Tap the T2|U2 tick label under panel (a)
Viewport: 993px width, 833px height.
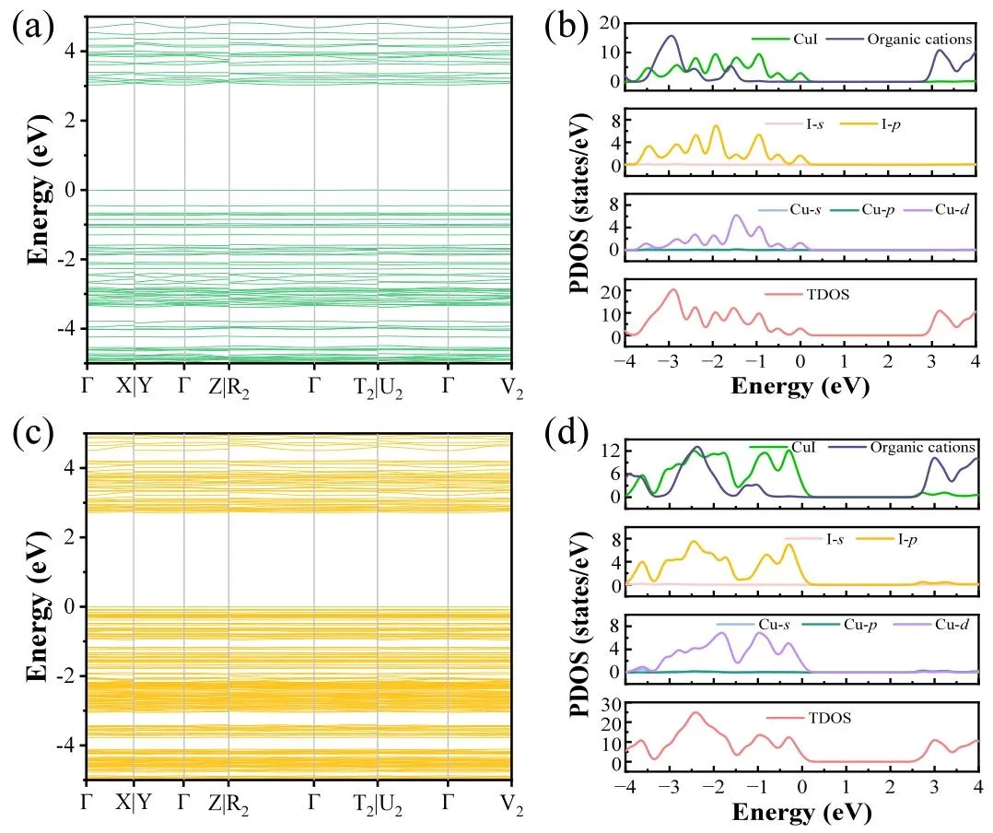coord(380,386)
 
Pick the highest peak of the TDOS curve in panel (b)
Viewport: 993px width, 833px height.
coord(672,290)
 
